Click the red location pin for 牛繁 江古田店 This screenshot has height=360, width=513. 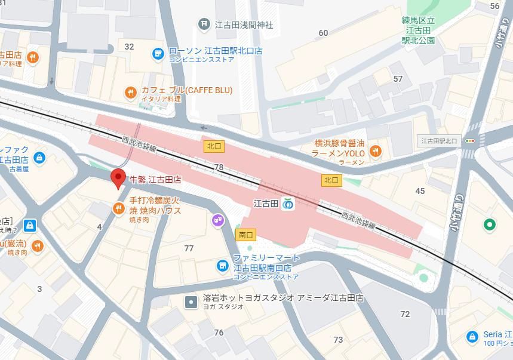pos(118,178)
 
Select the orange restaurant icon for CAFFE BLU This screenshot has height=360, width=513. pos(130,93)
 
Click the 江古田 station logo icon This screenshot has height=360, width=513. pos(288,204)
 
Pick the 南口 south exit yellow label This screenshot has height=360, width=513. pos(245,235)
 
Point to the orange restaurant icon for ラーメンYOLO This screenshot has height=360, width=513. pos(375,152)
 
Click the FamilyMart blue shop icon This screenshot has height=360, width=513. pos(222,266)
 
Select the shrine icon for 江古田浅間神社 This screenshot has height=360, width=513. pos(204,24)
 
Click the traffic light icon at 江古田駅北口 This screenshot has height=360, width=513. pos(470,141)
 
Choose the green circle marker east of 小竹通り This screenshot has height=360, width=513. pos(489,224)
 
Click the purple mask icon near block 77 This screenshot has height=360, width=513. pos(218,221)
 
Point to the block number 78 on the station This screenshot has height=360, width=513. pos(219,168)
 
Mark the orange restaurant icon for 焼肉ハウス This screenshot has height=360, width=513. pos(118,208)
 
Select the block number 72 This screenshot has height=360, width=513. pos(406,314)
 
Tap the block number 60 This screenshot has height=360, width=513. pos(324,33)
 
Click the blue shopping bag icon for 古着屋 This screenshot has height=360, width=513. pos(39,158)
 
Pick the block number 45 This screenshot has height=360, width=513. pos(420,191)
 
